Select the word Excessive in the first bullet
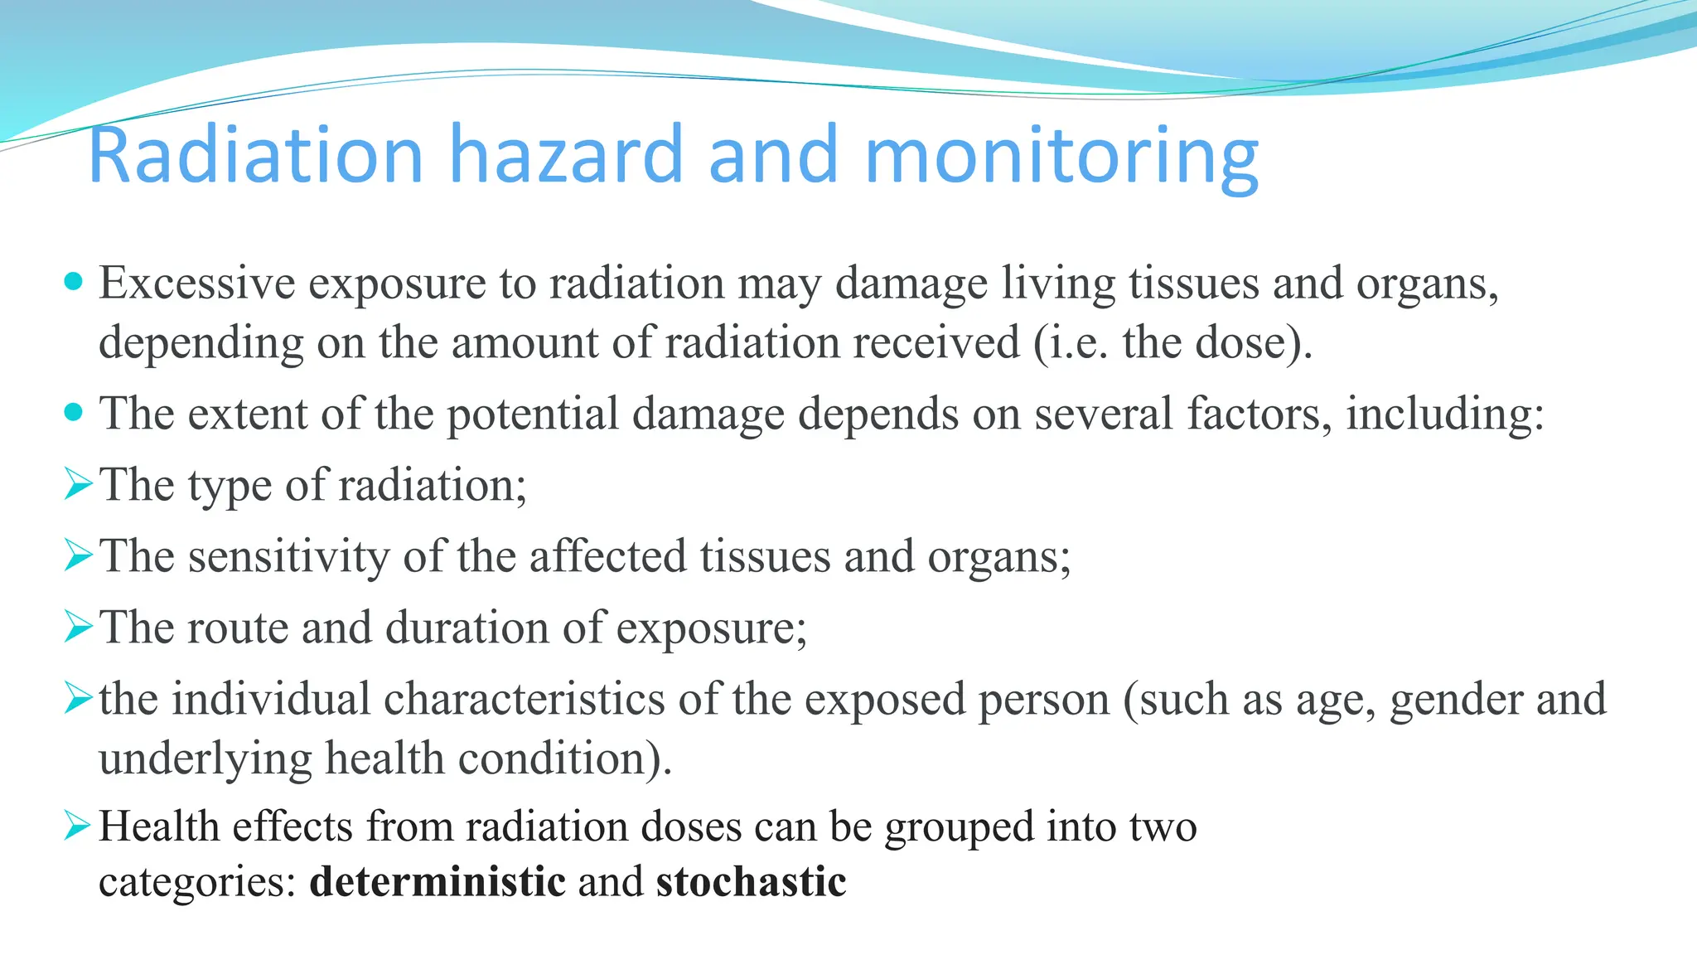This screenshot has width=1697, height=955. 197,283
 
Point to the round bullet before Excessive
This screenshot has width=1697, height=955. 74,282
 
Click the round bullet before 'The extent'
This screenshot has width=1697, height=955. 74,412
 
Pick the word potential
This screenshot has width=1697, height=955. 533,414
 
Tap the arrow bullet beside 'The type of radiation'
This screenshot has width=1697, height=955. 78,484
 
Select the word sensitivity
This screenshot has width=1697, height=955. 288,556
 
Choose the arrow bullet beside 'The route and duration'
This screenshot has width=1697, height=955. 78,627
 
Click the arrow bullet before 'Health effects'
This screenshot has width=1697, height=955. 78,826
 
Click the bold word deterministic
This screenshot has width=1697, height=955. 437,880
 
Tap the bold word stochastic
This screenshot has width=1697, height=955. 751,880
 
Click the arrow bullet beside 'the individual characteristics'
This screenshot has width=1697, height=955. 78,698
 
